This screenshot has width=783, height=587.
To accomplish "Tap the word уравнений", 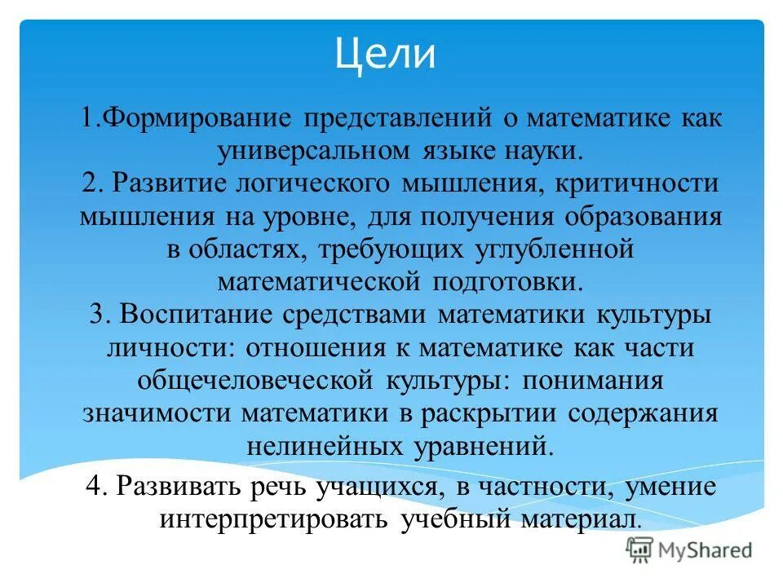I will pos(489,447).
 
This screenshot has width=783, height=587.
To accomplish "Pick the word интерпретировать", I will pos(276,519).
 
